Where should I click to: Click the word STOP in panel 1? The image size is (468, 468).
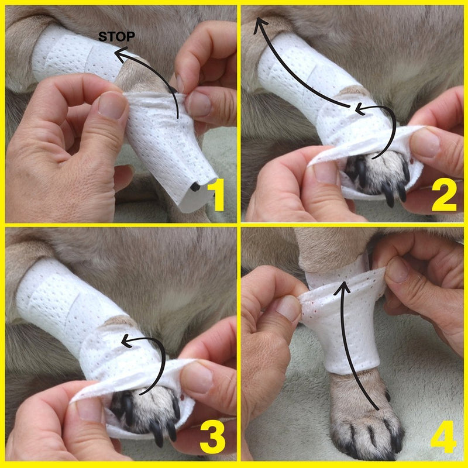coord(116,37)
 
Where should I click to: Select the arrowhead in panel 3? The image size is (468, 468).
coord(123,340)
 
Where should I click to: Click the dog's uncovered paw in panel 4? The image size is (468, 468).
coord(366,421)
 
